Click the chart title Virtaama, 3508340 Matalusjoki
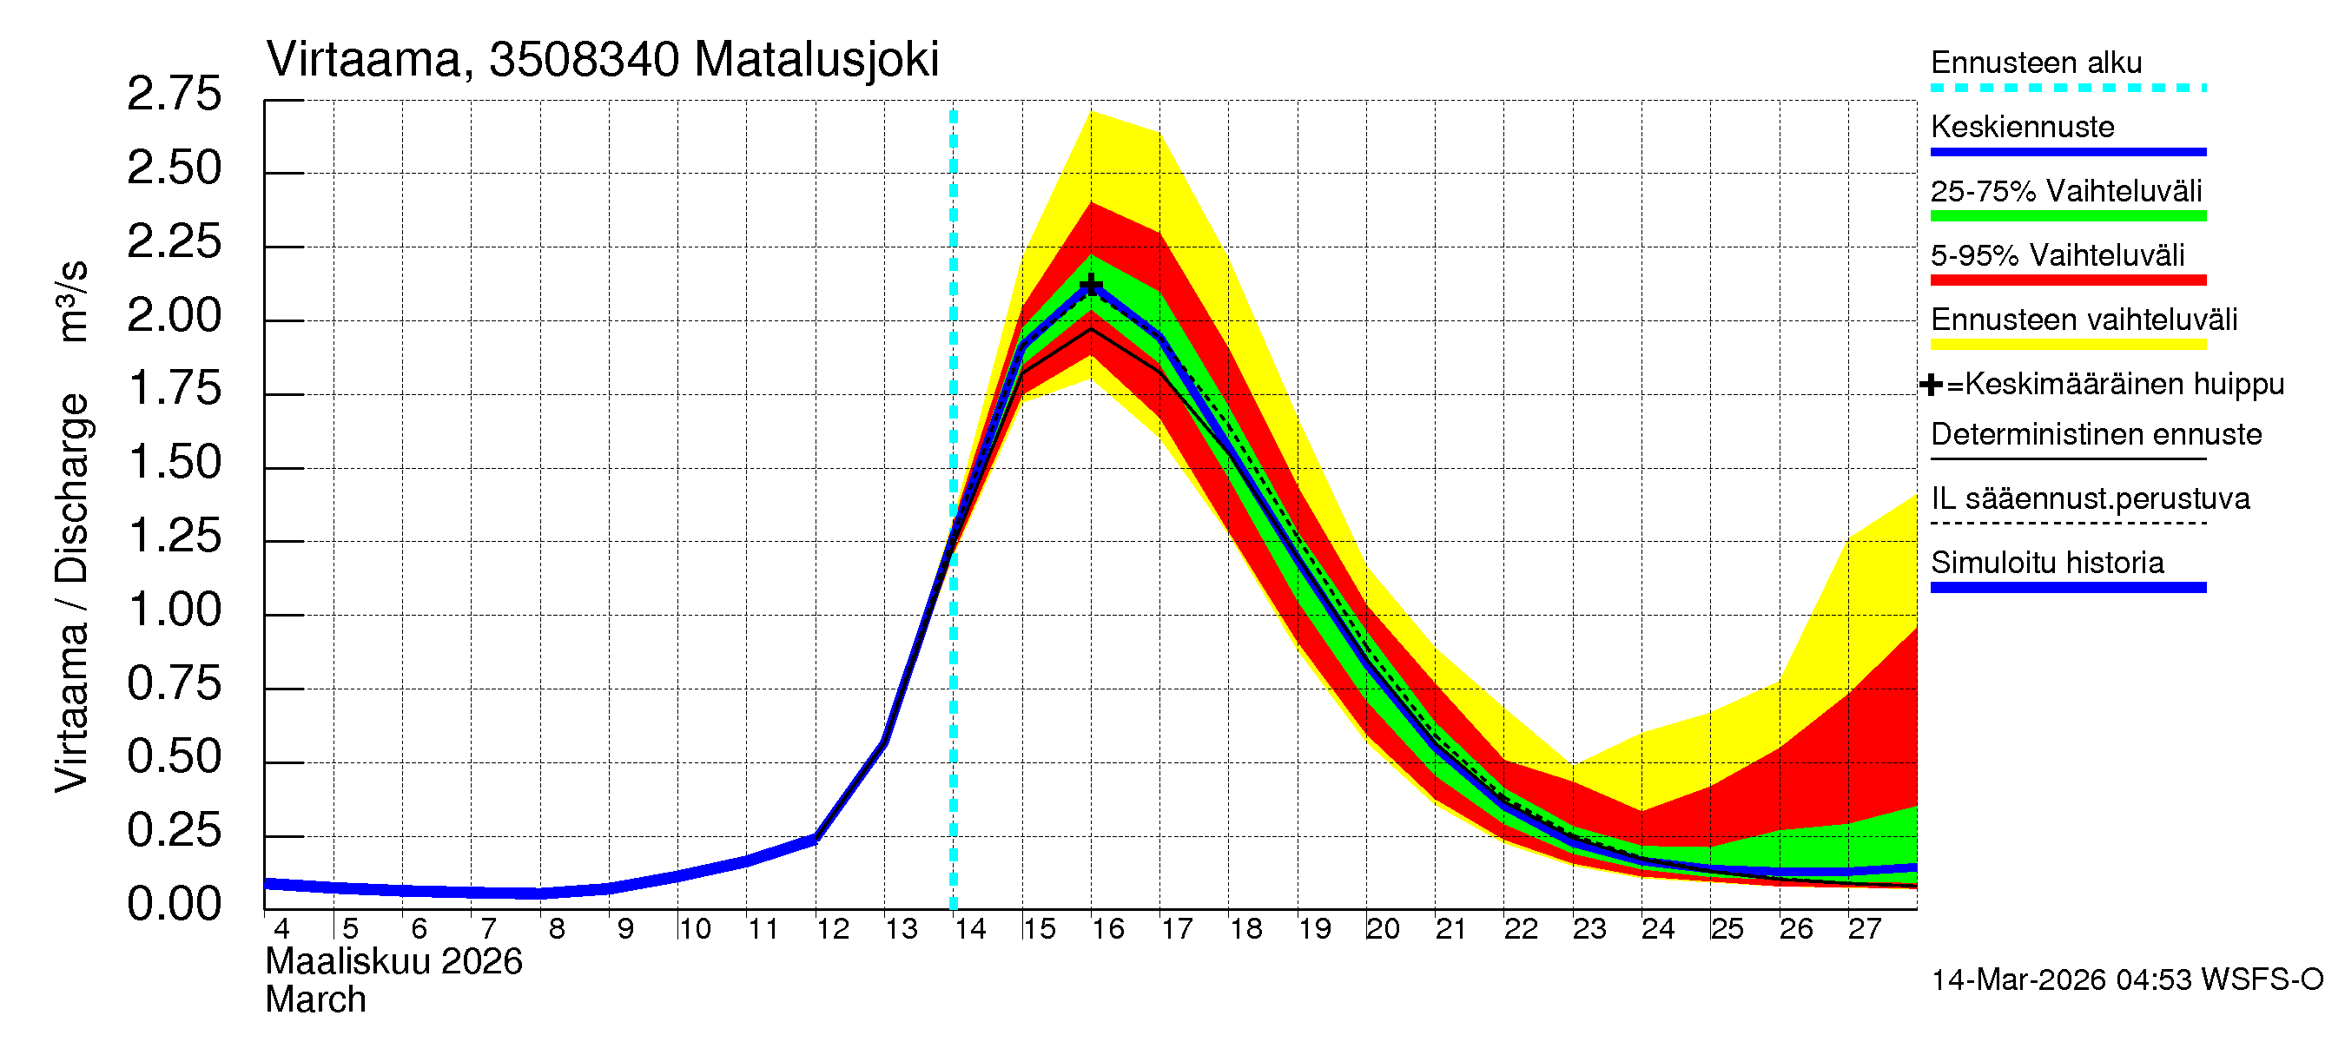(602, 60)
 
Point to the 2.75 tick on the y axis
(174, 95)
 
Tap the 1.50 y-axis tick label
(174, 462)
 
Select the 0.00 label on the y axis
(174, 904)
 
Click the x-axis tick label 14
(969, 929)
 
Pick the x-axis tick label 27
(1864, 929)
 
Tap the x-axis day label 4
(281, 929)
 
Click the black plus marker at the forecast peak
(1091, 287)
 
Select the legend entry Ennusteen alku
(2036, 63)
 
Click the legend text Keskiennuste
(2022, 127)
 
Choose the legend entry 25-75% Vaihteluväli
(2065, 191)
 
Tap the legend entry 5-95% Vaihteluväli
(2057, 255)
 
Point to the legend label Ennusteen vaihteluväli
(2084, 320)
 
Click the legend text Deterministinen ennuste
(2096, 434)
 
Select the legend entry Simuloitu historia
(2047, 563)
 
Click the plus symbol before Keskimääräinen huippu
(1931, 385)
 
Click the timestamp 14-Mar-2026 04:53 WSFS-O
(2126, 980)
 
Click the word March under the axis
(315, 1000)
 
